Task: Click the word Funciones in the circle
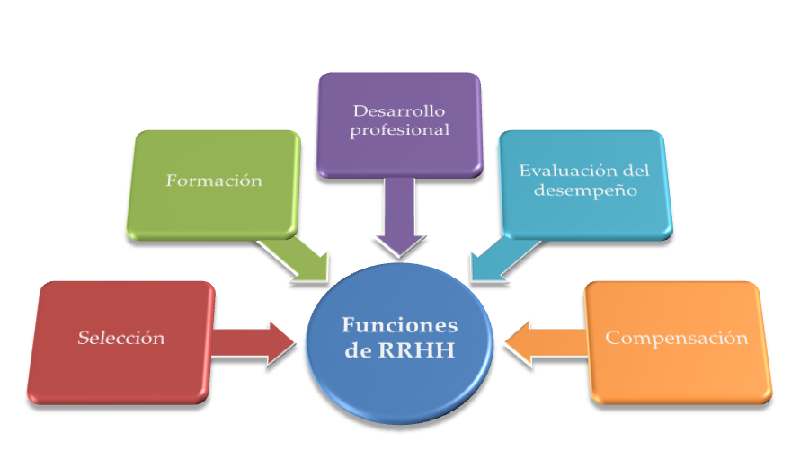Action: (x=400, y=325)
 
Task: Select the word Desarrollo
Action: (x=399, y=111)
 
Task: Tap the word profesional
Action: (x=399, y=130)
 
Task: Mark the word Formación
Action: (x=214, y=181)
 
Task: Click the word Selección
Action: (x=120, y=338)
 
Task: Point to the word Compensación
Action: (x=677, y=338)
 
